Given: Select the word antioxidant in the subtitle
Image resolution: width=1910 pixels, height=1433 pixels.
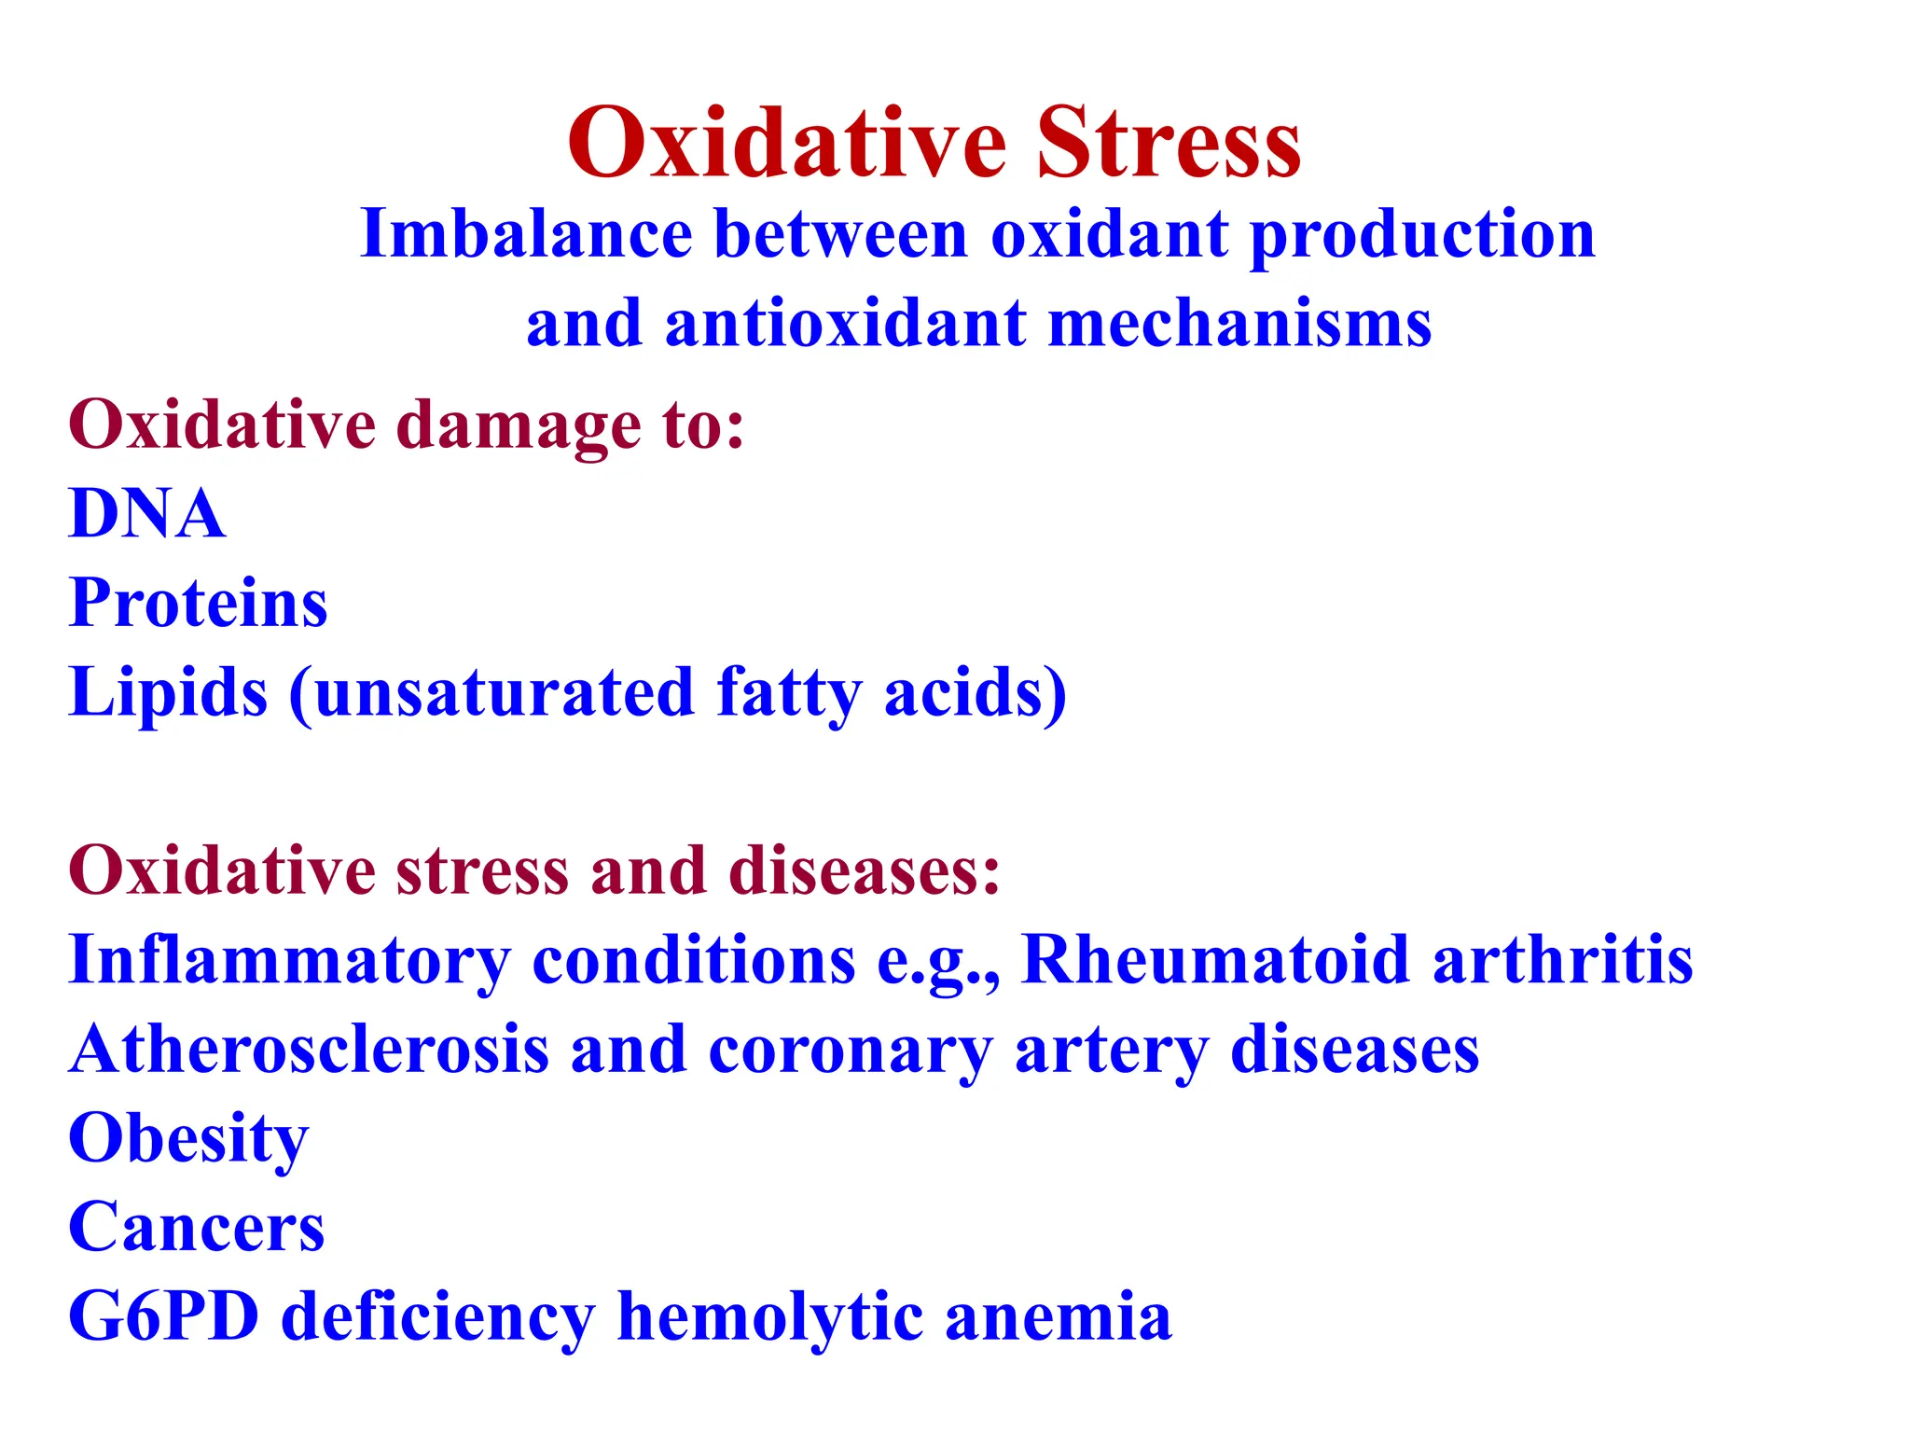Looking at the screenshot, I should (x=845, y=324).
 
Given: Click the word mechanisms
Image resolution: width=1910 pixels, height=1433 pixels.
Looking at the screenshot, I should (x=1239, y=324).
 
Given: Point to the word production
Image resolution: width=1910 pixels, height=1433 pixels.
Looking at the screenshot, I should (x=1422, y=235).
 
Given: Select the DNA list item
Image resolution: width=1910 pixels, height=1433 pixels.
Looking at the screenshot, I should (x=147, y=513).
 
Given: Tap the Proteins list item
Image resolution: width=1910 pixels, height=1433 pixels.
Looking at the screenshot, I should (x=198, y=603).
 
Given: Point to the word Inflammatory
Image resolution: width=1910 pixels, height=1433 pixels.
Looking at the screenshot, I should (x=289, y=961).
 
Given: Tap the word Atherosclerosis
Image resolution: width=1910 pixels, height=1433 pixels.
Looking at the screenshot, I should (x=309, y=1050).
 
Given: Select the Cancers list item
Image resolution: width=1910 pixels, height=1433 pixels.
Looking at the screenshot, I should (x=197, y=1228).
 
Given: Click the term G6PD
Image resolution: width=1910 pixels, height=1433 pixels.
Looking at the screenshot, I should (x=164, y=1316).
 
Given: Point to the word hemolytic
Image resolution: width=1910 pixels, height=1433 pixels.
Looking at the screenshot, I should (x=769, y=1317).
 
